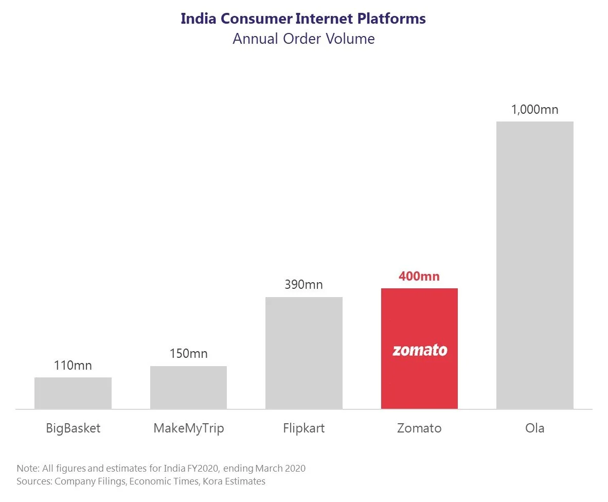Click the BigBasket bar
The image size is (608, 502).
pos(73,393)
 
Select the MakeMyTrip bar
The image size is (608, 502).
pos(188,388)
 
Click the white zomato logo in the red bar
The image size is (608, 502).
pos(420,351)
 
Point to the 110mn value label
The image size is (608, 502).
pos(73,366)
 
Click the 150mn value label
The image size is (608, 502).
pos(188,354)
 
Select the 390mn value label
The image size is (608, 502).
pos(304,285)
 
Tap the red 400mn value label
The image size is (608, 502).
pos(419,276)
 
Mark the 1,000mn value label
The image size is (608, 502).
pos(534,110)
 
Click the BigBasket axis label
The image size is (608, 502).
pos(73,428)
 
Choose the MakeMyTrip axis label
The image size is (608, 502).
pos(188,428)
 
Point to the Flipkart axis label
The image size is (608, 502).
pos(304,428)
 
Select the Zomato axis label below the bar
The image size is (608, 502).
pos(419,428)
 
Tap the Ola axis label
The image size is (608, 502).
pos(534,428)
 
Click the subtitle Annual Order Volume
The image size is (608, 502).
pos(303,39)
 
